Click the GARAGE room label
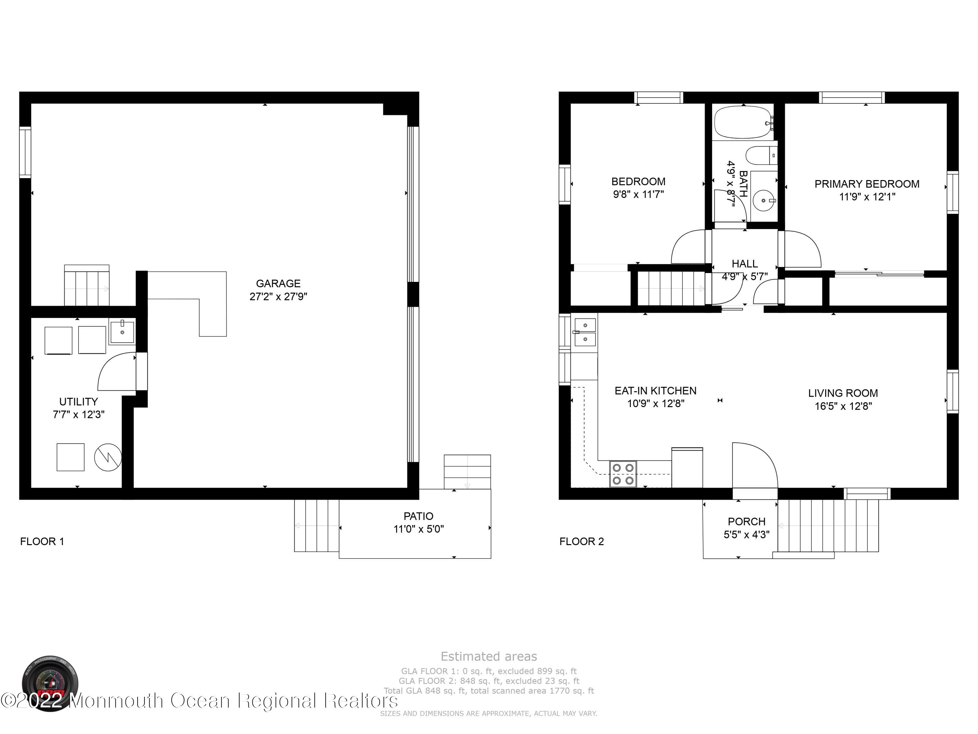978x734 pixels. pos(278,283)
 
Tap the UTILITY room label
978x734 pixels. pos(78,401)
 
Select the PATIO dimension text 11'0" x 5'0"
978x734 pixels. pos(418,529)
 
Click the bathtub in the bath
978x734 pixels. pos(742,121)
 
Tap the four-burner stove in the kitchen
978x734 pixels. pos(623,474)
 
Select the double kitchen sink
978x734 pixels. pos(585,332)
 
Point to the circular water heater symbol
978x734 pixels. pos(108,457)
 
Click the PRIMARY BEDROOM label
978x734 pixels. pos(867,184)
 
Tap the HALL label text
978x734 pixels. pos(745,264)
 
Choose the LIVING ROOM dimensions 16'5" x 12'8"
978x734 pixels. pos(843,406)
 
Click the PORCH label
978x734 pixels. pos(746,521)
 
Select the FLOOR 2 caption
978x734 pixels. pos(581,541)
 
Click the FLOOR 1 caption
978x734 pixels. pos(42,541)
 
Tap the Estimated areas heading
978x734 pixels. pos(489,656)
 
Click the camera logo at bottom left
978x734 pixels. pos(50,683)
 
